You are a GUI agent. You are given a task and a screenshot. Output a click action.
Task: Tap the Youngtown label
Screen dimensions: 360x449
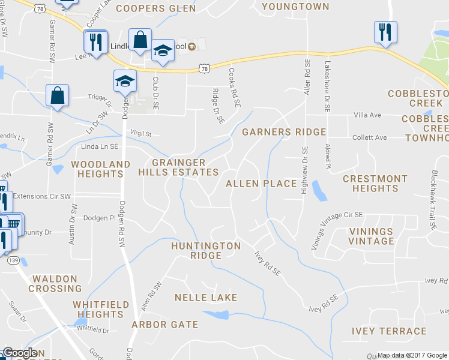click(x=296, y=7)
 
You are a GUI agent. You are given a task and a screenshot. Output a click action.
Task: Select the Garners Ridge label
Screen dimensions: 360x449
click(x=284, y=132)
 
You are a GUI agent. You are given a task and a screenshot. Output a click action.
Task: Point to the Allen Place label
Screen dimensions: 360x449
click(x=261, y=184)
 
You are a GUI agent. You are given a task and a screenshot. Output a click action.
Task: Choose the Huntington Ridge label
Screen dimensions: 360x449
click(x=206, y=250)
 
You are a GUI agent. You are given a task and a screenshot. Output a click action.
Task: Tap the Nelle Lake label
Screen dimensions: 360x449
click(x=206, y=298)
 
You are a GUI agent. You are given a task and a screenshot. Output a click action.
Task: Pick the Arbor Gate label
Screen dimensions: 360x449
click(x=164, y=325)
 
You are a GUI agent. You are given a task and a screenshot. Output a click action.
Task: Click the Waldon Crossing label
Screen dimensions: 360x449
click(x=55, y=284)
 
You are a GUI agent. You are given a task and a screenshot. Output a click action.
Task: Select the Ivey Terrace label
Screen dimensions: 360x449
click(x=390, y=331)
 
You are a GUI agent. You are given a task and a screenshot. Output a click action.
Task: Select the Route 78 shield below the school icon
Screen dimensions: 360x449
click(x=205, y=69)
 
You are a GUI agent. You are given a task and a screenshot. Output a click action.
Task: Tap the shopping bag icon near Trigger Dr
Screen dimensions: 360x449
click(x=57, y=96)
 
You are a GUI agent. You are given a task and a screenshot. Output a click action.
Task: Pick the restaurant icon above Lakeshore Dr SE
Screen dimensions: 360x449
click(x=385, y=32)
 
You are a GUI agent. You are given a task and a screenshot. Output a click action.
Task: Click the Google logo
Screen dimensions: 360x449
click(x=19, y=353)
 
